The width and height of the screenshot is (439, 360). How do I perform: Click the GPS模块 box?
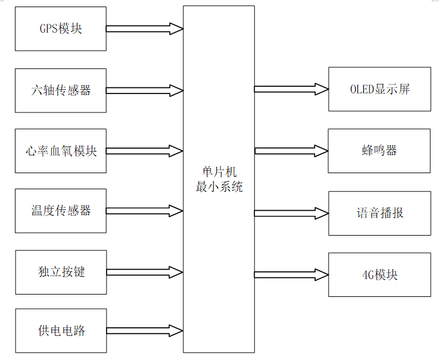[60, 29]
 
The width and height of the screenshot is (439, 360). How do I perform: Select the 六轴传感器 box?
[60, 90]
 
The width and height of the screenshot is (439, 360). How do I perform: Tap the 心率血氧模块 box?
[60, 151]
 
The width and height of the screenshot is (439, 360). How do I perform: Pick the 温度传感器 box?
[60, 211]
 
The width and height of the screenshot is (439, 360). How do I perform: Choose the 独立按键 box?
[60, 272]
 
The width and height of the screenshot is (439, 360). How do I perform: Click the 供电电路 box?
[60, 330]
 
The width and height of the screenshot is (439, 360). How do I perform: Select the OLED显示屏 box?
[379, 89]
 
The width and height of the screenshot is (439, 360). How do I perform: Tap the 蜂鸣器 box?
[379, 151]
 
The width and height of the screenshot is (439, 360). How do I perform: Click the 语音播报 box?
[379, 213]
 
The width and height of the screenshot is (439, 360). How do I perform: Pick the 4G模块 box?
[379, 274]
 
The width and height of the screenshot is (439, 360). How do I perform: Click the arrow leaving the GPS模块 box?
[145, 29]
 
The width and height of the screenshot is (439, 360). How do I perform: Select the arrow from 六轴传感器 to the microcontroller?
[145, 90]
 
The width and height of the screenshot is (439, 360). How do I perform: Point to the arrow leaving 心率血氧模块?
[145, 151]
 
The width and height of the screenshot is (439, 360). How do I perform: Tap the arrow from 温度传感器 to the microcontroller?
[145, 211]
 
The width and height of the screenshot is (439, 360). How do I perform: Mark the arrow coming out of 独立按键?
[145, 273]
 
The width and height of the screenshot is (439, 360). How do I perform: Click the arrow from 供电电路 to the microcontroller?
[145, 330]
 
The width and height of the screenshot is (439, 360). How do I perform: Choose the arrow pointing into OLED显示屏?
[291, 89]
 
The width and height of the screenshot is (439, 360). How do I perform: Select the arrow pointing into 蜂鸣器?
[291, 151]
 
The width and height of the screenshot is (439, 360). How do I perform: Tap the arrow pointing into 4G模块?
[291, 274]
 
